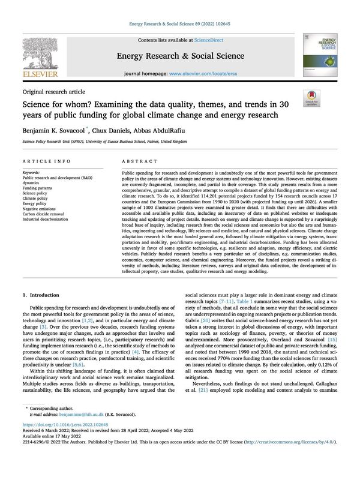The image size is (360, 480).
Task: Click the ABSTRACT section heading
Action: (139, 162)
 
